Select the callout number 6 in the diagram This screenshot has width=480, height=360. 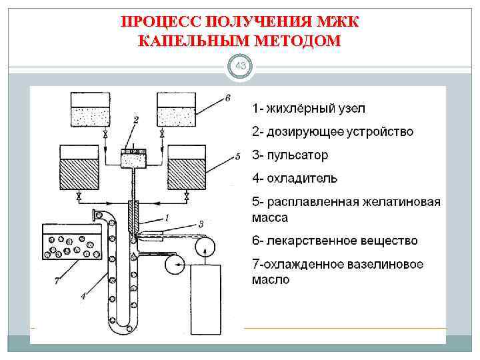coord(228,98)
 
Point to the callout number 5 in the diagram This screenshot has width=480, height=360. coord(237,157)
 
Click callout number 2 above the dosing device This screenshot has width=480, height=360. coord(136,120)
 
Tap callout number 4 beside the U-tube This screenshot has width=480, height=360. coord(83,296)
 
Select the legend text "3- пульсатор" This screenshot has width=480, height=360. coord(290,155)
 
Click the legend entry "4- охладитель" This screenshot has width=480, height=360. coord(294,178)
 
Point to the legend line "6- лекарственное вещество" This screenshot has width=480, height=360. coord(334,240)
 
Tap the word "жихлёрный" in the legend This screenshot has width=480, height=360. coord(301,108)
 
